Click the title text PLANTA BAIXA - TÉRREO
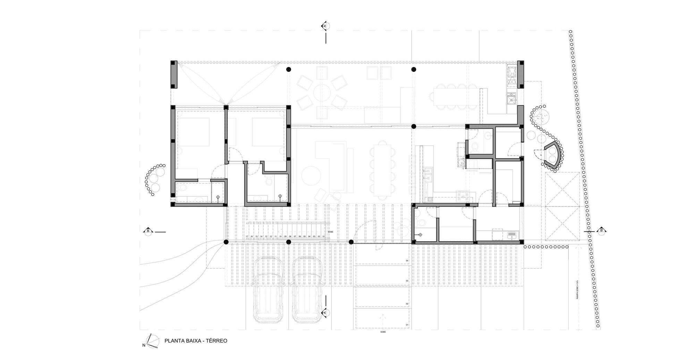click(x=196, y=341)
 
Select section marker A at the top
click(x=325, y=26)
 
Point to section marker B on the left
click(x=148, y=231)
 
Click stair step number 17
click(x=247, y=237)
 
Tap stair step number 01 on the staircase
click(x=324, y=237)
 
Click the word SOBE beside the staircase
click(x=330, y=231)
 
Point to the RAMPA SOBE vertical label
click(x=577, y=290)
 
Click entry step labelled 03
click(x=382, y=281)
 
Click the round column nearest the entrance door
click(x=351, y=242)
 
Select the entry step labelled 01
click(x=382, y=324)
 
